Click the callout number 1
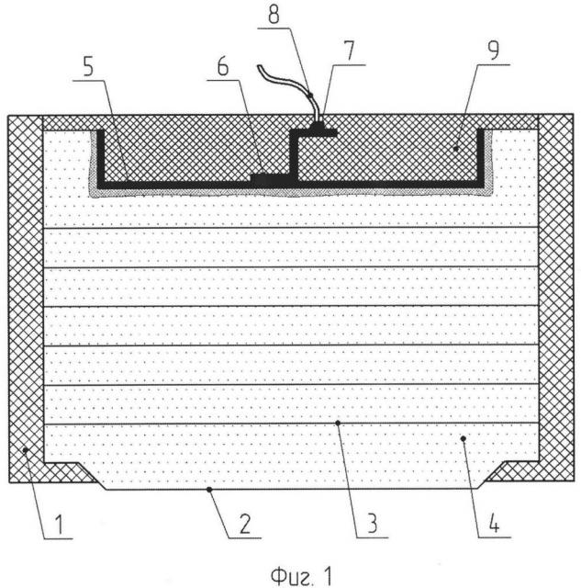[59, 525]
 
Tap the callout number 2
[245, 524]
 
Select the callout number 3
[372, 523]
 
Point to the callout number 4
[494, 523]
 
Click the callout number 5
[88, 67]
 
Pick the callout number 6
[223, 67]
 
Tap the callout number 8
[274, 15]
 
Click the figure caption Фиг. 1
[301, 576]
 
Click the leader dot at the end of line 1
[26, 449]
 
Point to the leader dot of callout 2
[209, 489]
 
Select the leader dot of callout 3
[338, 423]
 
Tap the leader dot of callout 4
[463, 438]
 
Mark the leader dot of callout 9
[455, 149]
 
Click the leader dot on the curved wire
[310, 96]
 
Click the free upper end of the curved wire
[259, 67]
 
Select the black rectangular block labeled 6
[270, 180]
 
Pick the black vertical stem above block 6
[294, 153]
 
